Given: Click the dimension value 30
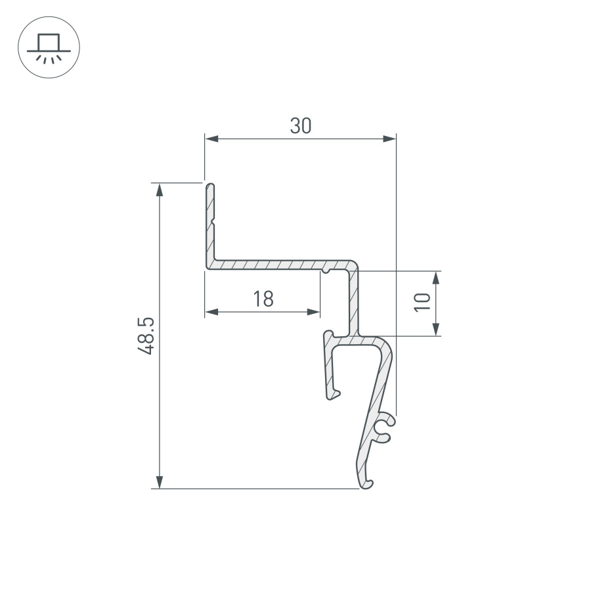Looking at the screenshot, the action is click(300, 126).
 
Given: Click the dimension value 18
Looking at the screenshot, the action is click(263, 299).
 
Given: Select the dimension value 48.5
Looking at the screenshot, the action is click(146, 336).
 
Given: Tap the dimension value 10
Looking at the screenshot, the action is click(422, 302).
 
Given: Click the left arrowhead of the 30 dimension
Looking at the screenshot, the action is click(211, 139).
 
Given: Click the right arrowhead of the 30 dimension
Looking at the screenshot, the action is click(389, 139).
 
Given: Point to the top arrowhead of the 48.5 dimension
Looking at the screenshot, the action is click(160, 190).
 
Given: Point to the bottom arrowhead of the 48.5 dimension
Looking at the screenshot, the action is click(160, 482).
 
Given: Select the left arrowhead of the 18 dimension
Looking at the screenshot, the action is click(211, 312).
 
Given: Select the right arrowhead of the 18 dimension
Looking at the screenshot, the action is click(314, 312).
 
